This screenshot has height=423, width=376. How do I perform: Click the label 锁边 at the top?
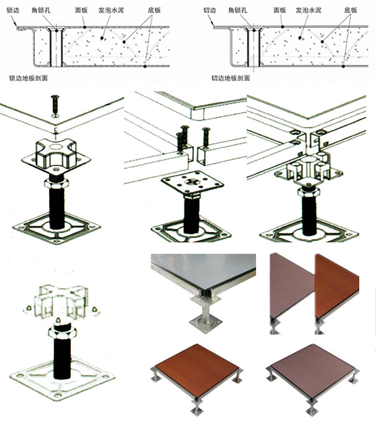coord(12,10)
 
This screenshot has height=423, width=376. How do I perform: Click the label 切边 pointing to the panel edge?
coord(209,10)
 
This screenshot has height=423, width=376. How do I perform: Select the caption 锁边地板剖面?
coord(28,78)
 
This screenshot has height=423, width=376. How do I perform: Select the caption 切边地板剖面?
coord(230,78)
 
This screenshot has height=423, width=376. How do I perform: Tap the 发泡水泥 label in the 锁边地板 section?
coord(111,10)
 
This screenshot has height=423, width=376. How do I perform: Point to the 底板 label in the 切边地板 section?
coord(350,10)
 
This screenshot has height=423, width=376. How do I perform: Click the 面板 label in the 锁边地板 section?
coord(82,10)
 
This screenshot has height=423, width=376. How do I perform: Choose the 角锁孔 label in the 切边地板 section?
coord(238,10)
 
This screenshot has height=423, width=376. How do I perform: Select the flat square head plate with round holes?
coord(192,183)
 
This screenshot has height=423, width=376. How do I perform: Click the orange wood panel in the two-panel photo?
coord(336,286)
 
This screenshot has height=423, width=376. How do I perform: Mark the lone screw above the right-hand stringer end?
coord(206,137)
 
